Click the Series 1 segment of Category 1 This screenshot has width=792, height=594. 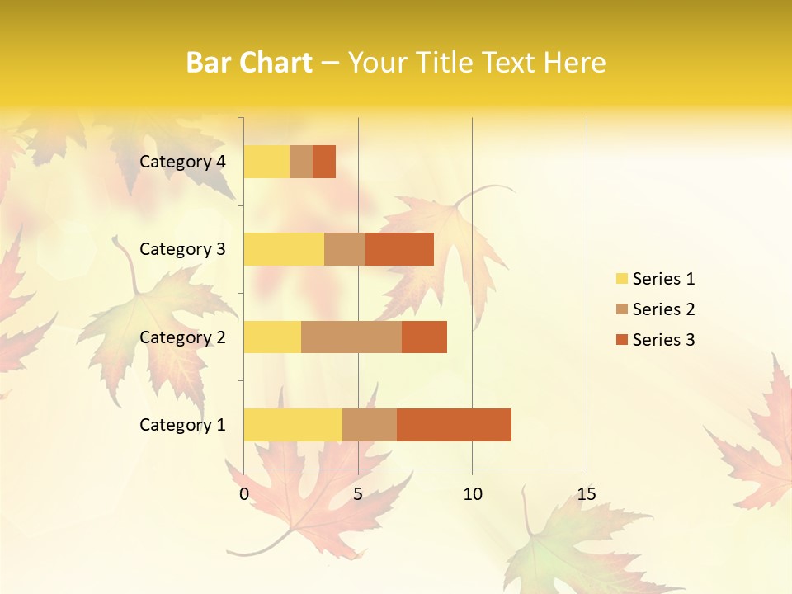coord(293,424)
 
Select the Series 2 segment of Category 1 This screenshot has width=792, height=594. coord(370,424)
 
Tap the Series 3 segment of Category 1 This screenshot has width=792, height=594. coord(454,424)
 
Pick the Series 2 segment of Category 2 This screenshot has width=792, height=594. coord(351,337)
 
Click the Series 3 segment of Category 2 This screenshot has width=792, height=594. coord(424,337)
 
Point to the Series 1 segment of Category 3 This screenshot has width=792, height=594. coord(284,249)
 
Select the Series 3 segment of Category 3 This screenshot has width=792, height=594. coord(399,249)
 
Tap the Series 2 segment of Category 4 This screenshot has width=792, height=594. coord(301,162)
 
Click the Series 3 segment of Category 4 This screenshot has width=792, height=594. coord(324,162)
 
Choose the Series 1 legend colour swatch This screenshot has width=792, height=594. coord(621,279)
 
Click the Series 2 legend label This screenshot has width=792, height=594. coord(663,309)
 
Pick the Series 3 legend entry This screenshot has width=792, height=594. coord(655,340)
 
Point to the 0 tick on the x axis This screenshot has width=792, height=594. coord(244,494)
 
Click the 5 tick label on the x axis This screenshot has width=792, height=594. coord(358,494)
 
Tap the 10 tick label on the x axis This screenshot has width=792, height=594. coord(472,494)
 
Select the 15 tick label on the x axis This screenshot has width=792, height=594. coord(587,494)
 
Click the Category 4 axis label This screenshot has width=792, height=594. coord(182,162)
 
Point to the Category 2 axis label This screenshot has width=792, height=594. coord(182,337)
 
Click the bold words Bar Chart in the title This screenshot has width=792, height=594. coord(249,63)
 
